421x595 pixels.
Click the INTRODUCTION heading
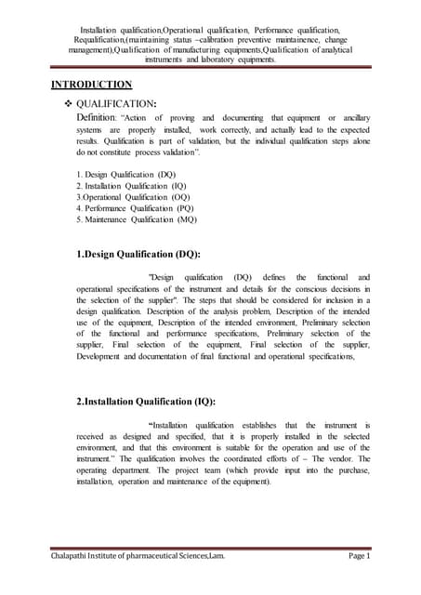click(x=91, y=86)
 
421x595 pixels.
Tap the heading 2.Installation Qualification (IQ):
click(x=148, y=401)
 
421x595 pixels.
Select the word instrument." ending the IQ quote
click(x=97, y=459)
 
